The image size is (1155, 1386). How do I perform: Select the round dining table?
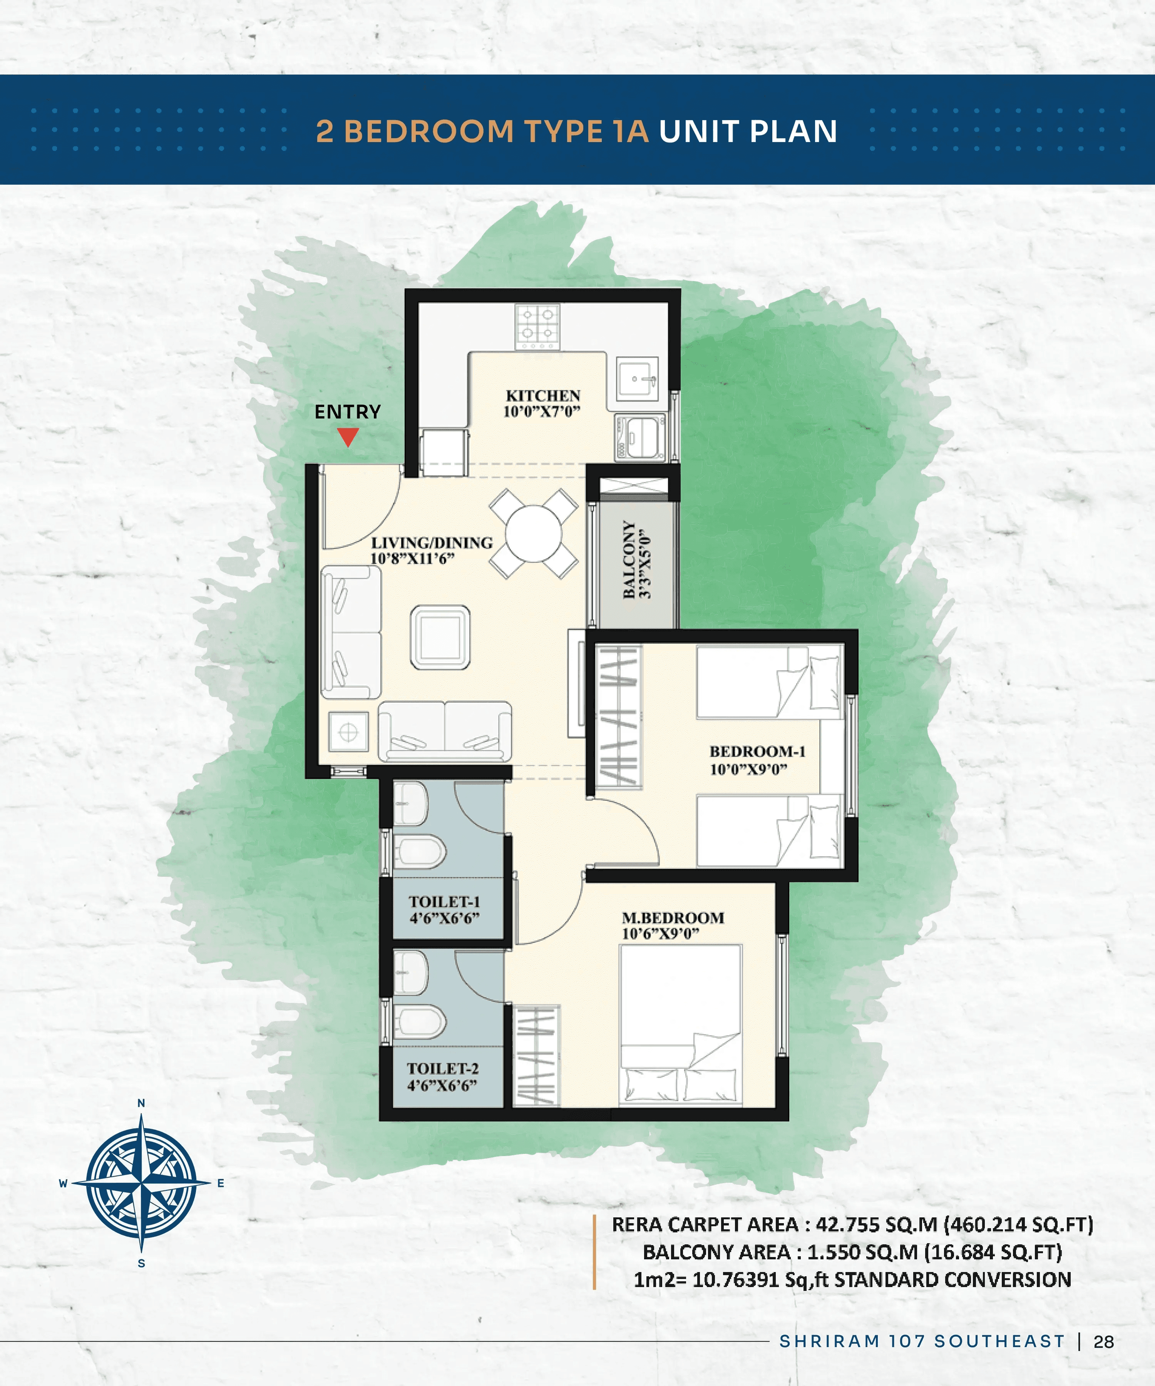coord(533,533)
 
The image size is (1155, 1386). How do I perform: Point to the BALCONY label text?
coord(629,560)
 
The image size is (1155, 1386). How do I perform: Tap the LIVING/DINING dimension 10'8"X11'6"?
coord(412,559)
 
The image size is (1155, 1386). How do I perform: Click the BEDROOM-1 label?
coord(757,751)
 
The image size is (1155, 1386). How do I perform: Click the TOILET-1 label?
coord(444,902)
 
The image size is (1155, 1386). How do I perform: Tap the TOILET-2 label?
coord(442,1068)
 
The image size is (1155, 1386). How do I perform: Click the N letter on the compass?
coord(141,1103)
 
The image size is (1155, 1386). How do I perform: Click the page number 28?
coord(1103,1342)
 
